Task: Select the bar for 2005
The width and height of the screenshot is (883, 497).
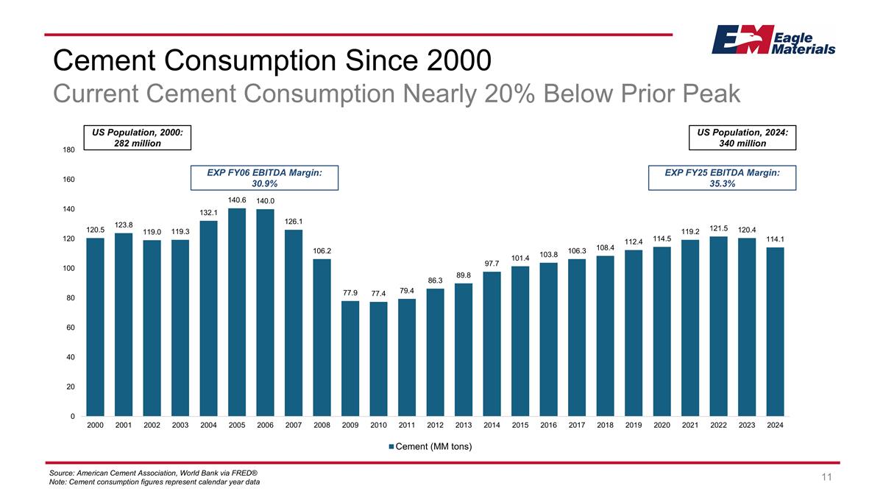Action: [x=237, y=312]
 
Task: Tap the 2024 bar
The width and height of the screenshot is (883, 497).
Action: [x=776, y=331]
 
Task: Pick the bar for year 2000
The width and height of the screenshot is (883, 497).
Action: [x=95, y=327]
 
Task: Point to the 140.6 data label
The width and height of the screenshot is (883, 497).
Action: [x=237, y=200]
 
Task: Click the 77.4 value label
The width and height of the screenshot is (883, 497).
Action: [x=379, y=294]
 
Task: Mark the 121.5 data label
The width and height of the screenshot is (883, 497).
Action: [x=719, y=228]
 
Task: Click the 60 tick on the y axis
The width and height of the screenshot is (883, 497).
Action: [x=69, y=328]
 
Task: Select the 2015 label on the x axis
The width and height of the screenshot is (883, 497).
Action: [x=520, y=426]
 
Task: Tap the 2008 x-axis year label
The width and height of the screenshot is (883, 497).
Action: [x=322, y=426]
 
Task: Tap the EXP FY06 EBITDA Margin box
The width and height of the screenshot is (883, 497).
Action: [x=264, y=177]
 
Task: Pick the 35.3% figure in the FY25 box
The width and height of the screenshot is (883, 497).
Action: [x=721, y=184]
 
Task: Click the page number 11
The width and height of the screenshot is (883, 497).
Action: [x=826, y=477]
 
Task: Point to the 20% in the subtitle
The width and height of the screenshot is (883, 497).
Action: [x=496, y=94]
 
